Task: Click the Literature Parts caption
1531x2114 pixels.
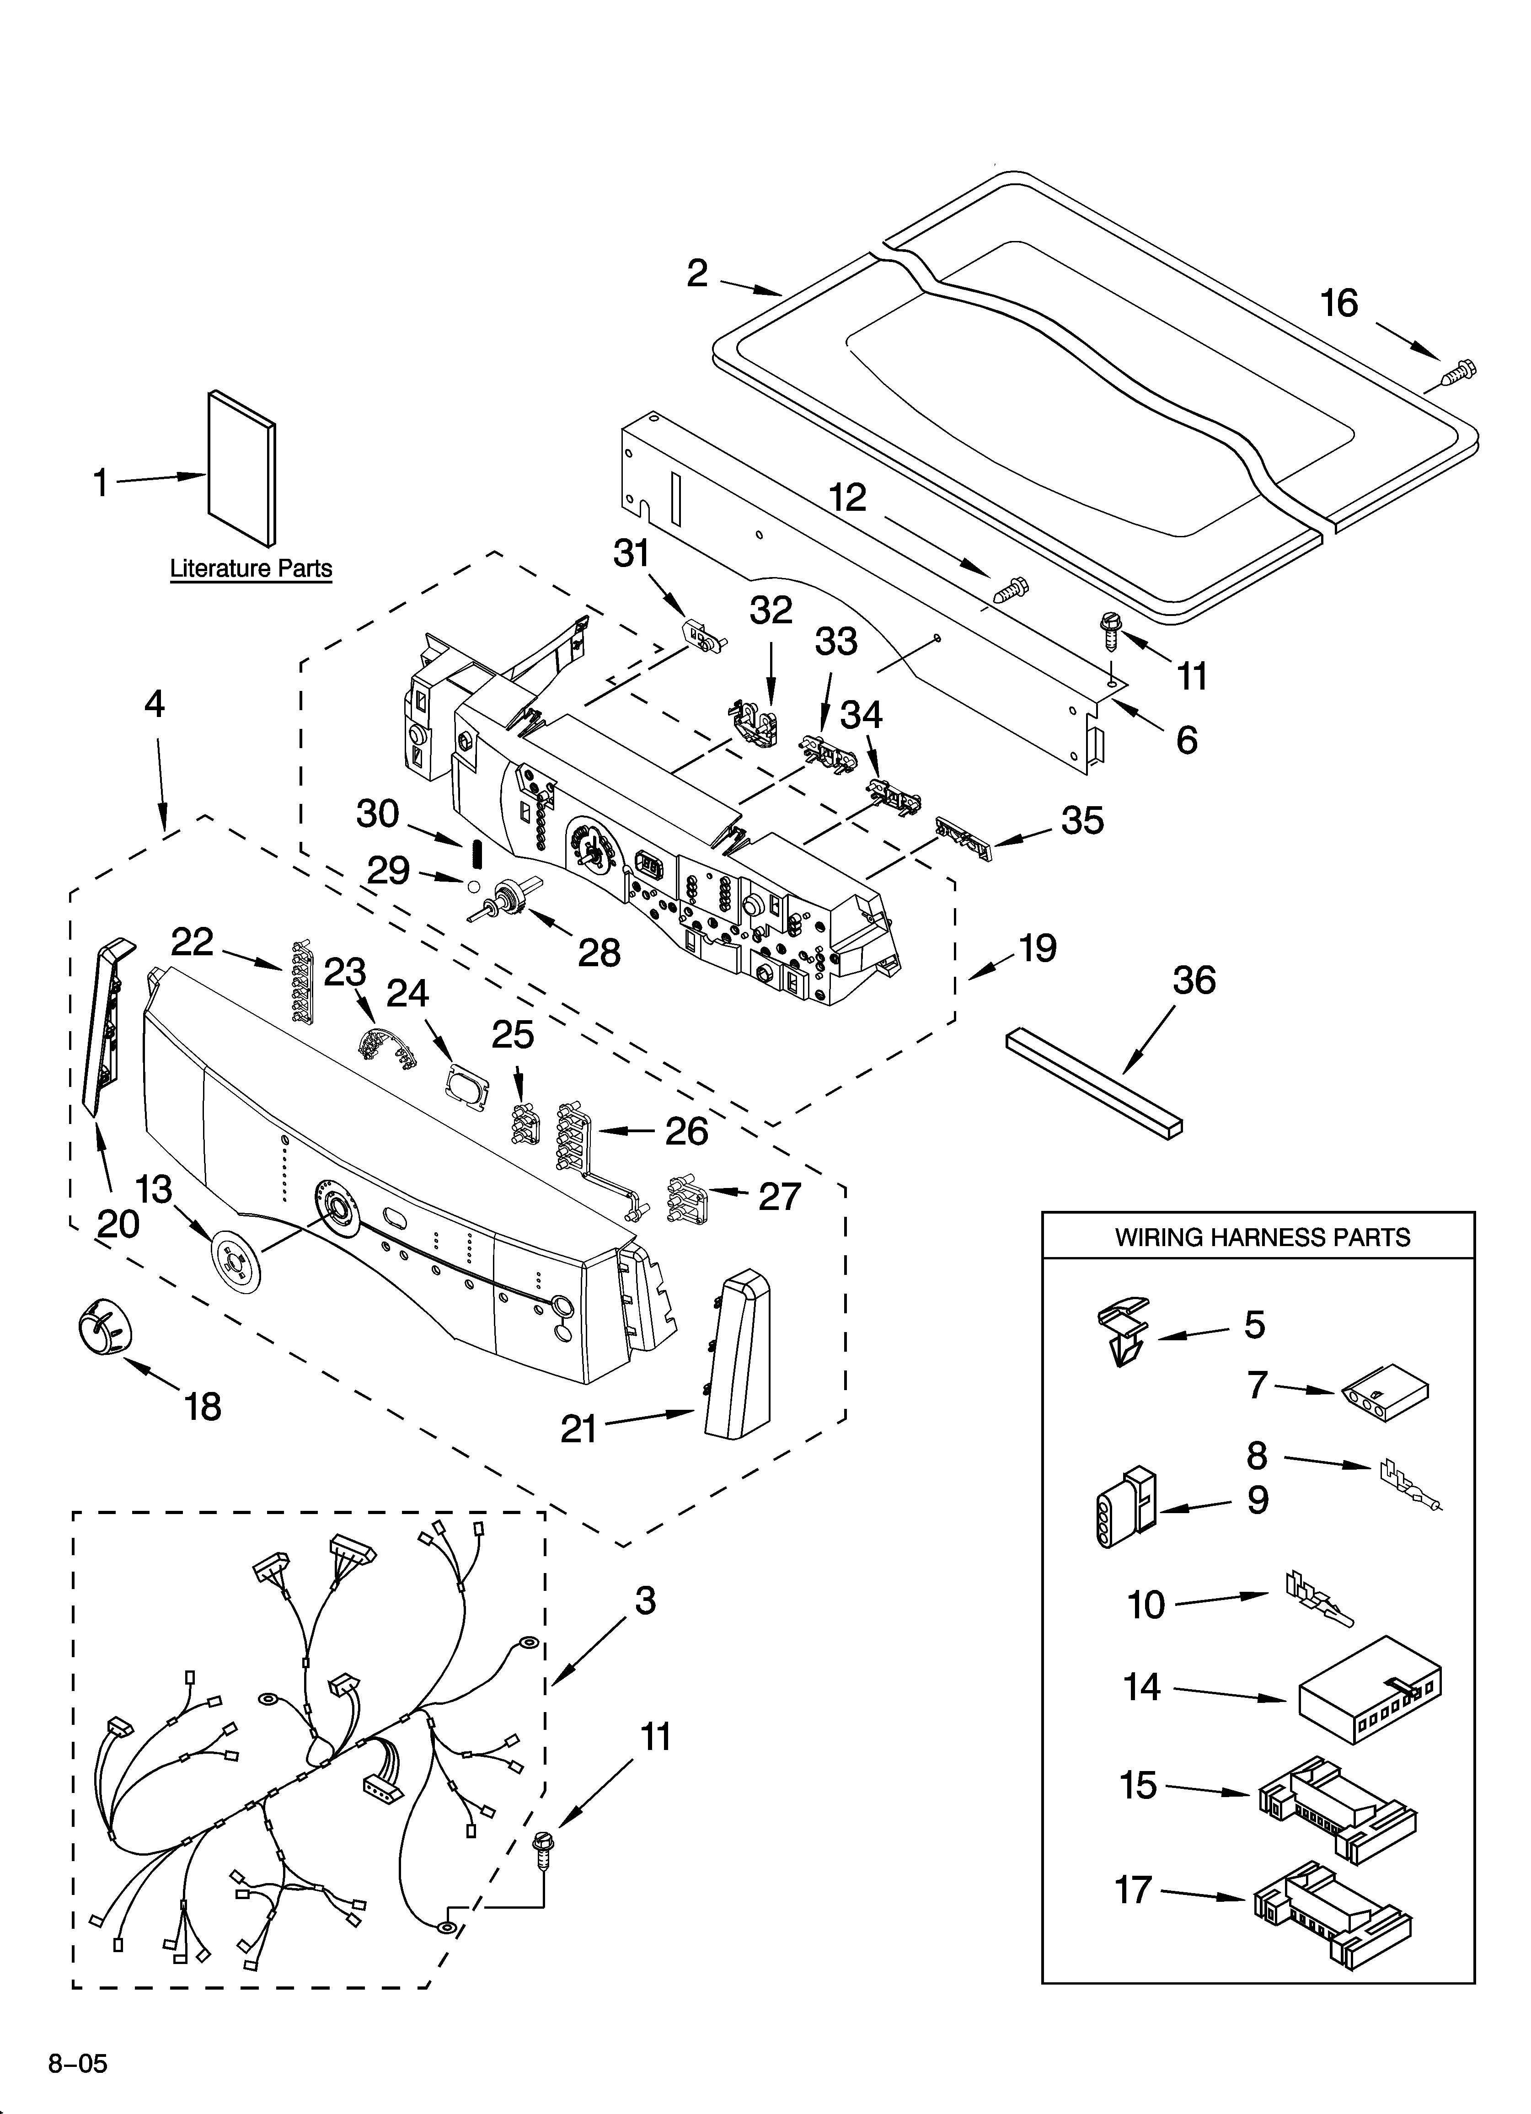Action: click(251, 568)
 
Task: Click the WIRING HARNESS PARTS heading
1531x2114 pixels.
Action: click(1263, 1238)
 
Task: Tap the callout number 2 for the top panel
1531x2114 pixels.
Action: click(697, 273)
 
